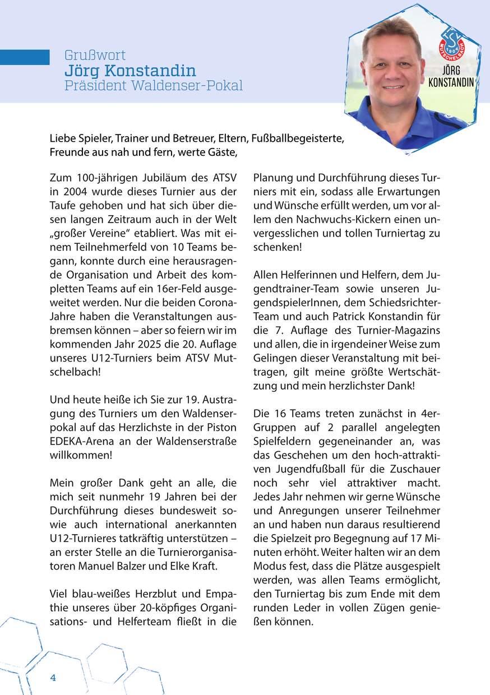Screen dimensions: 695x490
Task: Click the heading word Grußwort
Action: (x=95, y=55)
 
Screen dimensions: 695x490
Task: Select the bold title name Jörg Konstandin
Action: (x=130, y=71)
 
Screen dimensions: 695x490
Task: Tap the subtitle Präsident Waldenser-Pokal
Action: (x=154, y=86)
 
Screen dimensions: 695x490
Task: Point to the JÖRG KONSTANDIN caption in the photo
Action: (x=450, y=77)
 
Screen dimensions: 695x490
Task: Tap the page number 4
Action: (x=53, y=677)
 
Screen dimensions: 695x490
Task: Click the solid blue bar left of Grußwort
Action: (x=25, y=57)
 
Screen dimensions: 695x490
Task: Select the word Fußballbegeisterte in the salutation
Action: (x=298, y=137)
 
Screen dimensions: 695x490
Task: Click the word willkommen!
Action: (x=81, y=455)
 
